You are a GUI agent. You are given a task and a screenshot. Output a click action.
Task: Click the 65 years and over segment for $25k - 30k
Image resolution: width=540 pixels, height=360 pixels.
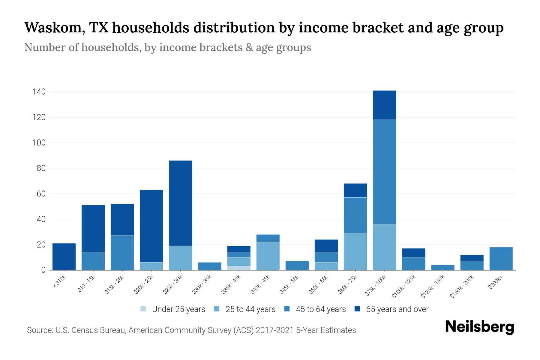coord(181,203)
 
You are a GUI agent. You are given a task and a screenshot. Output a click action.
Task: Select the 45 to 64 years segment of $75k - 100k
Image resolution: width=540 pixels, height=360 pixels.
coord(384,172)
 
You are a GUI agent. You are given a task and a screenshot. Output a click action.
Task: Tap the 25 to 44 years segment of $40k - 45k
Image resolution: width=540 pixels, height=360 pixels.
coord(268,256)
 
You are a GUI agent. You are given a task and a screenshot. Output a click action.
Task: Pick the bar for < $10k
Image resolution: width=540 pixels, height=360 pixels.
coord(64,256)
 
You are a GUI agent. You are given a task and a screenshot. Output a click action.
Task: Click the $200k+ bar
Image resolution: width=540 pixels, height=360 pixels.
coord(501,259)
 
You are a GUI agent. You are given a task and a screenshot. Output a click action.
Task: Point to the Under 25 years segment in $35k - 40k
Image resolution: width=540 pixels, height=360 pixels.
coord(239,268)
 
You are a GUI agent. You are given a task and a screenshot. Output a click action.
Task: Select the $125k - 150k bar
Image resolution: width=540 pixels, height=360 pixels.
coord(442,267)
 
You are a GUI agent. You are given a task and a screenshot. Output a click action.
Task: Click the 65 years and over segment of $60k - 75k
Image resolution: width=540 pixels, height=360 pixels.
coord(355,190)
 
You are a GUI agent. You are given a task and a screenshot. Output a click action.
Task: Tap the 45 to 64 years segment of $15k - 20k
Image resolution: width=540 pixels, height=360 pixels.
coord(122,253)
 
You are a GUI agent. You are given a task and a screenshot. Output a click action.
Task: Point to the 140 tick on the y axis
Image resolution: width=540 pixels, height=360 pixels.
coord(39,92)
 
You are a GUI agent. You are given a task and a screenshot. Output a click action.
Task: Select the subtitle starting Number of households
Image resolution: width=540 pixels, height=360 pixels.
coord(167,47)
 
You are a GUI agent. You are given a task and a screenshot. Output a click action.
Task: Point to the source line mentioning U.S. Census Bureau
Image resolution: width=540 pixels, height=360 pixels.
coord(191,330)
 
